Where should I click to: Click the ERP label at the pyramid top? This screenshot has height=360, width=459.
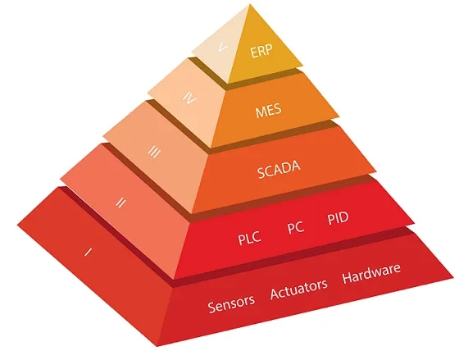click(261, 51)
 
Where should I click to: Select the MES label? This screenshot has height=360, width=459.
click(269, 110)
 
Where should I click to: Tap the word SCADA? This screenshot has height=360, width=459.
click(279, 169)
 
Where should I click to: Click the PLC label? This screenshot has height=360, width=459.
click(249, 238)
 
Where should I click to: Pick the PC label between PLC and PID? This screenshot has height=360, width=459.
click(296, 227)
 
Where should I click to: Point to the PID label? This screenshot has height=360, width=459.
click(338, 218)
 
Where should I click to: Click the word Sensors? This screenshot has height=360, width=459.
click(231, 303)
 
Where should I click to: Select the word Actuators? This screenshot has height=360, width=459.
click(299, 289)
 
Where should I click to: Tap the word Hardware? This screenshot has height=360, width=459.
click(371, 273)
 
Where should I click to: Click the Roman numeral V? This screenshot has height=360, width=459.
click(223, 47)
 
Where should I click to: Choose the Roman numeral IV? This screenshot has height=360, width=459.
click(189, 98)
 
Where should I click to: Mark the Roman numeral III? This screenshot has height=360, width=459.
click(154, 152)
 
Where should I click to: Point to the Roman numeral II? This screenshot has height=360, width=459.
click(120, 203)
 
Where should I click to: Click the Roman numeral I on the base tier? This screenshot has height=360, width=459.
click(88, 252)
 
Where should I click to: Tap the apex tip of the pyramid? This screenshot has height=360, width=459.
click(250, 4)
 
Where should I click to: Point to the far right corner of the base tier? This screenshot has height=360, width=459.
click(453, 277)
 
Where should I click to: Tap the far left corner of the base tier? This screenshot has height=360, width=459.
click(17, 225)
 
